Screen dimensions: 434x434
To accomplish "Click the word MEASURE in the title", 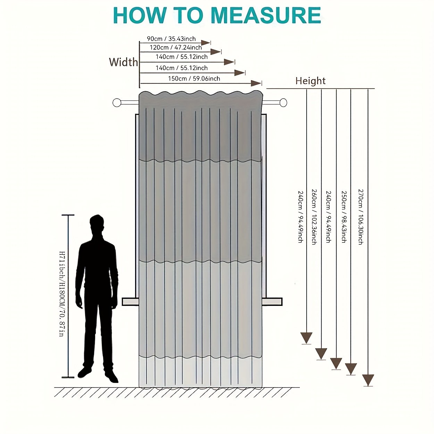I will (266, 16).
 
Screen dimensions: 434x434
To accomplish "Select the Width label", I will (123, 62).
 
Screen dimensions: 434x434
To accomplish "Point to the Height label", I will (310, 81).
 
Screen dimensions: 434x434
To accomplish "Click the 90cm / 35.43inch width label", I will (171, 39).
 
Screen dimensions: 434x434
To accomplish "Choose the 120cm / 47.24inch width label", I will (176, 48).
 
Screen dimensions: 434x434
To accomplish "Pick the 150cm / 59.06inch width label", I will (194, 78).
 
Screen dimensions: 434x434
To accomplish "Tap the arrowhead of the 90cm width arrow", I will (206, 43).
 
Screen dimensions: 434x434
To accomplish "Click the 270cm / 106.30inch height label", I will (360, 217).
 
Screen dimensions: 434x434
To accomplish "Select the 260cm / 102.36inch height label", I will (314, 217).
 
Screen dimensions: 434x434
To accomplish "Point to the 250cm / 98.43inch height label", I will (344, 217).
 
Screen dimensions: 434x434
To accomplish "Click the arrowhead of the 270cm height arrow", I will (368, 380).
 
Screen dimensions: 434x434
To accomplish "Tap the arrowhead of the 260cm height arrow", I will (321, 353).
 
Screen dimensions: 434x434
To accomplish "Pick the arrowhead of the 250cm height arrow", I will (351, 368).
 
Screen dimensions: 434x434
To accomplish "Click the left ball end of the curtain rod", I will (117, 102).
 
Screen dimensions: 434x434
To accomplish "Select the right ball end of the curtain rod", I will (283, 102).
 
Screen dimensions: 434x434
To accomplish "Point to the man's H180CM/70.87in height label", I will (62, 294).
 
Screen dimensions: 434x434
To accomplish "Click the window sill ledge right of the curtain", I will (272, 302).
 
